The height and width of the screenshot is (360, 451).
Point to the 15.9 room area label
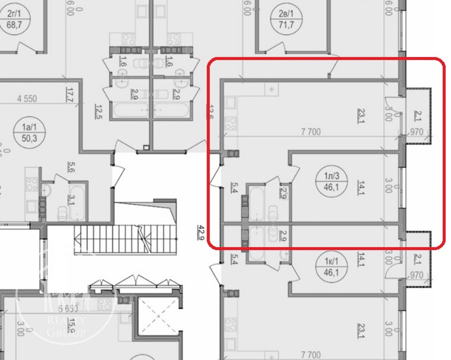click(x=71, y=324)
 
